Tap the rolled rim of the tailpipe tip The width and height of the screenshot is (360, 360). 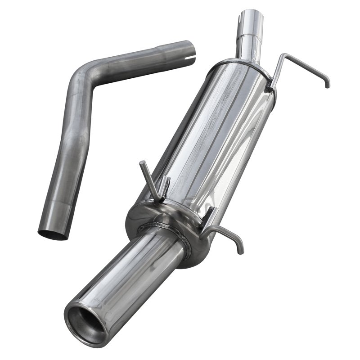pos(72,306)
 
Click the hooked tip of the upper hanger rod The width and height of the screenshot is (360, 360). pos(327,85)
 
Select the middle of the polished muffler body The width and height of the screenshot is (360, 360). pos(211,139)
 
